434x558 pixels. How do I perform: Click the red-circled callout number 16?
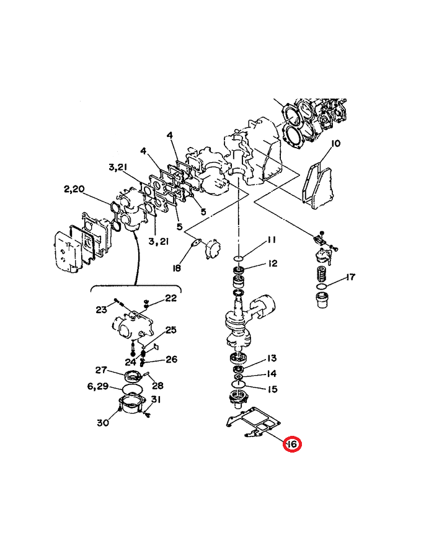point(291,445)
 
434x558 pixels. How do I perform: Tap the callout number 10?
point(335,144)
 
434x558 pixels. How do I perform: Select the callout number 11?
point(272,240)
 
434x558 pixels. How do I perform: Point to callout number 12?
point(272,263)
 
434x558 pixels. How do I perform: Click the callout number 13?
point(272,358)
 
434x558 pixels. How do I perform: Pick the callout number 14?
point(272,374)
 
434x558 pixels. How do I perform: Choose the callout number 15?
point(272,389)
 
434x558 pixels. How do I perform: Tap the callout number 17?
point(350,277)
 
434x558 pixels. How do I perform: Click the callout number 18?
point(177,268)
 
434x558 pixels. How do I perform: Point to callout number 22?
point(170,298)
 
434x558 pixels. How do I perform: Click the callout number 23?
point(102,309)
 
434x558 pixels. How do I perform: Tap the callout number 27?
point(102,370)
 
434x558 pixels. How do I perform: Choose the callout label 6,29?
point(98,386)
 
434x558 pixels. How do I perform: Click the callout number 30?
point(102,423)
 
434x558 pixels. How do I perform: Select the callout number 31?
point(156,399)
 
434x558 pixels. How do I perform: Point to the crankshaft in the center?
point(242,319)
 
